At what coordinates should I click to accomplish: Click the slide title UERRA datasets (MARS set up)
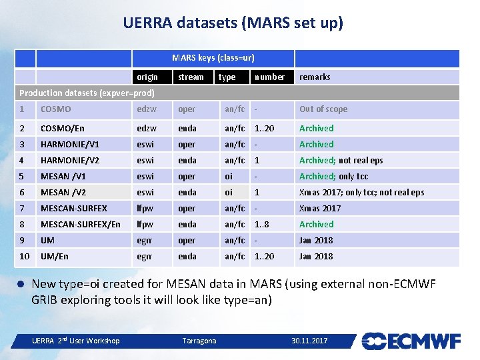(233, 23)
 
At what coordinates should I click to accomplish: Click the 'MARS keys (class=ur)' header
(213, 58)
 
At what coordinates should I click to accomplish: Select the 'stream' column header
(191, 77)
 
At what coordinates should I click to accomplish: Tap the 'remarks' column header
(315, 77)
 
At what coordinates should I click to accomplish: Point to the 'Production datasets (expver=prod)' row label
(87, 93)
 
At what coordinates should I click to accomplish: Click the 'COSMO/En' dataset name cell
(63, 128)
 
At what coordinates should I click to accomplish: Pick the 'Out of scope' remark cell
(323, 109)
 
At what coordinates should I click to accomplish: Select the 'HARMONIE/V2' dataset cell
(69, 160)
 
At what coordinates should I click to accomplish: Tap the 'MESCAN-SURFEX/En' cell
(80, 224)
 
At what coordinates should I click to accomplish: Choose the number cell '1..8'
(261, 224)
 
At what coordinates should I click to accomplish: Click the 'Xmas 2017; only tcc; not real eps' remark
(361, 192)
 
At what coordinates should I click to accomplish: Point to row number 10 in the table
(25, 256)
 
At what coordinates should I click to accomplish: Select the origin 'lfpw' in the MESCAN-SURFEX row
(145, 208)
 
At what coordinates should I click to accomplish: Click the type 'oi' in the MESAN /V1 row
(229, 176)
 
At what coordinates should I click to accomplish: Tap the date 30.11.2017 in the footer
(309, 341)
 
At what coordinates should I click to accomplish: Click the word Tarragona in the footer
(199, 341)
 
